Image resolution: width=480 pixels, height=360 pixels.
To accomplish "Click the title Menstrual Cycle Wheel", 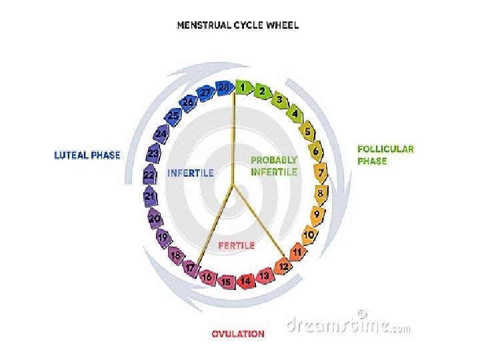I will click(x=237, y=26).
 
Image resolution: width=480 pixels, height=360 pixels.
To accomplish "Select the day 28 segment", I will click(x=224, y=87).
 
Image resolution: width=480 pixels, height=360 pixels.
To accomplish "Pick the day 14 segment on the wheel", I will click(x=246, y=281).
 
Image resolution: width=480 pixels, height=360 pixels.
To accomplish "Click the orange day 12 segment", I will click(x=283, y=267).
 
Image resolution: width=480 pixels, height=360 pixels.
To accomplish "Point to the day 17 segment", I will click(x=191, y=268).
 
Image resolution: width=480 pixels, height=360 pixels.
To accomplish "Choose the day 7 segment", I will click(x=321, y=173).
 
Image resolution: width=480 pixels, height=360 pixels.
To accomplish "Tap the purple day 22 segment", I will click(x=149, y=175).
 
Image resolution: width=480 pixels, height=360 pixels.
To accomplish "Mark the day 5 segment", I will click(x=307, y=132).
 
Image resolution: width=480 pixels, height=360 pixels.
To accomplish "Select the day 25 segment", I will click(x=173, y=116).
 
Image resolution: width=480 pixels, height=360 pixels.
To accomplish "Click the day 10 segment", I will click(x=309, y=235).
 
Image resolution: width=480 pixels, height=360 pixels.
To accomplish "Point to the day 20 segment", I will click(x=155, y=218).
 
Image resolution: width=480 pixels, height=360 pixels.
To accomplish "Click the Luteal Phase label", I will click(x=87, y=155).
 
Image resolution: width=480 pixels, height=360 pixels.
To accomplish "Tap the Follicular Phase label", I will click(x=385, y=155).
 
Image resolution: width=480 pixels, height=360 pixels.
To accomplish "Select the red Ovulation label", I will click(x=238, y=334).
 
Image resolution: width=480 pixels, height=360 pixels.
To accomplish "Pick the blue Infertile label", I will click(x=191, y=173).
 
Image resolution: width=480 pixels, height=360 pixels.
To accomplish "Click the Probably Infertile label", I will click(x=274, y=166).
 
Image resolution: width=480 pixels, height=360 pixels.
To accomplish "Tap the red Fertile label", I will click(x=237, y=245).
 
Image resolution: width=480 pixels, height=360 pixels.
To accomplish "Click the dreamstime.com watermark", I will click(x=349, y=325).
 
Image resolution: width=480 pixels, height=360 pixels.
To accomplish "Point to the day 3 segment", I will click(x=280, y=100).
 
